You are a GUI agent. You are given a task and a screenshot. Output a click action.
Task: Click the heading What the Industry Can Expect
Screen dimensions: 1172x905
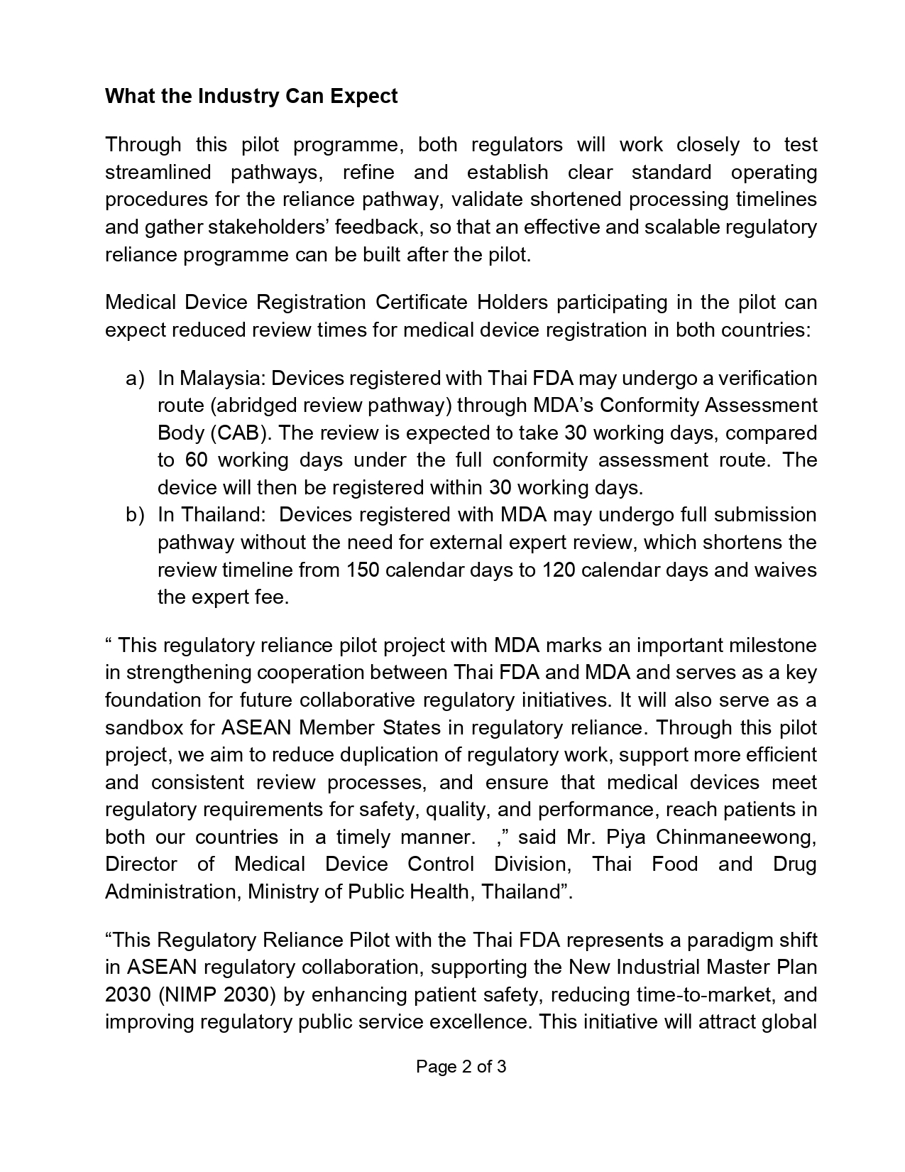tap(251, 96)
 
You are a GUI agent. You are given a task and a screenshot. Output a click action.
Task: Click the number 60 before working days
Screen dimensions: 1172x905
tap(196, 460)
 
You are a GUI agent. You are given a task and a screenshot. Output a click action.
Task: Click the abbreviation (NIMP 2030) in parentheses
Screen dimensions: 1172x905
tap(217, 995)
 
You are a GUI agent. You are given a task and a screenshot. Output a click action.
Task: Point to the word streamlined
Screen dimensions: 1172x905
tap(158, 173)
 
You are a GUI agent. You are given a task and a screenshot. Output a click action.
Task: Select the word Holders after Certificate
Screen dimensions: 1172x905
tap(512, 303)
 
